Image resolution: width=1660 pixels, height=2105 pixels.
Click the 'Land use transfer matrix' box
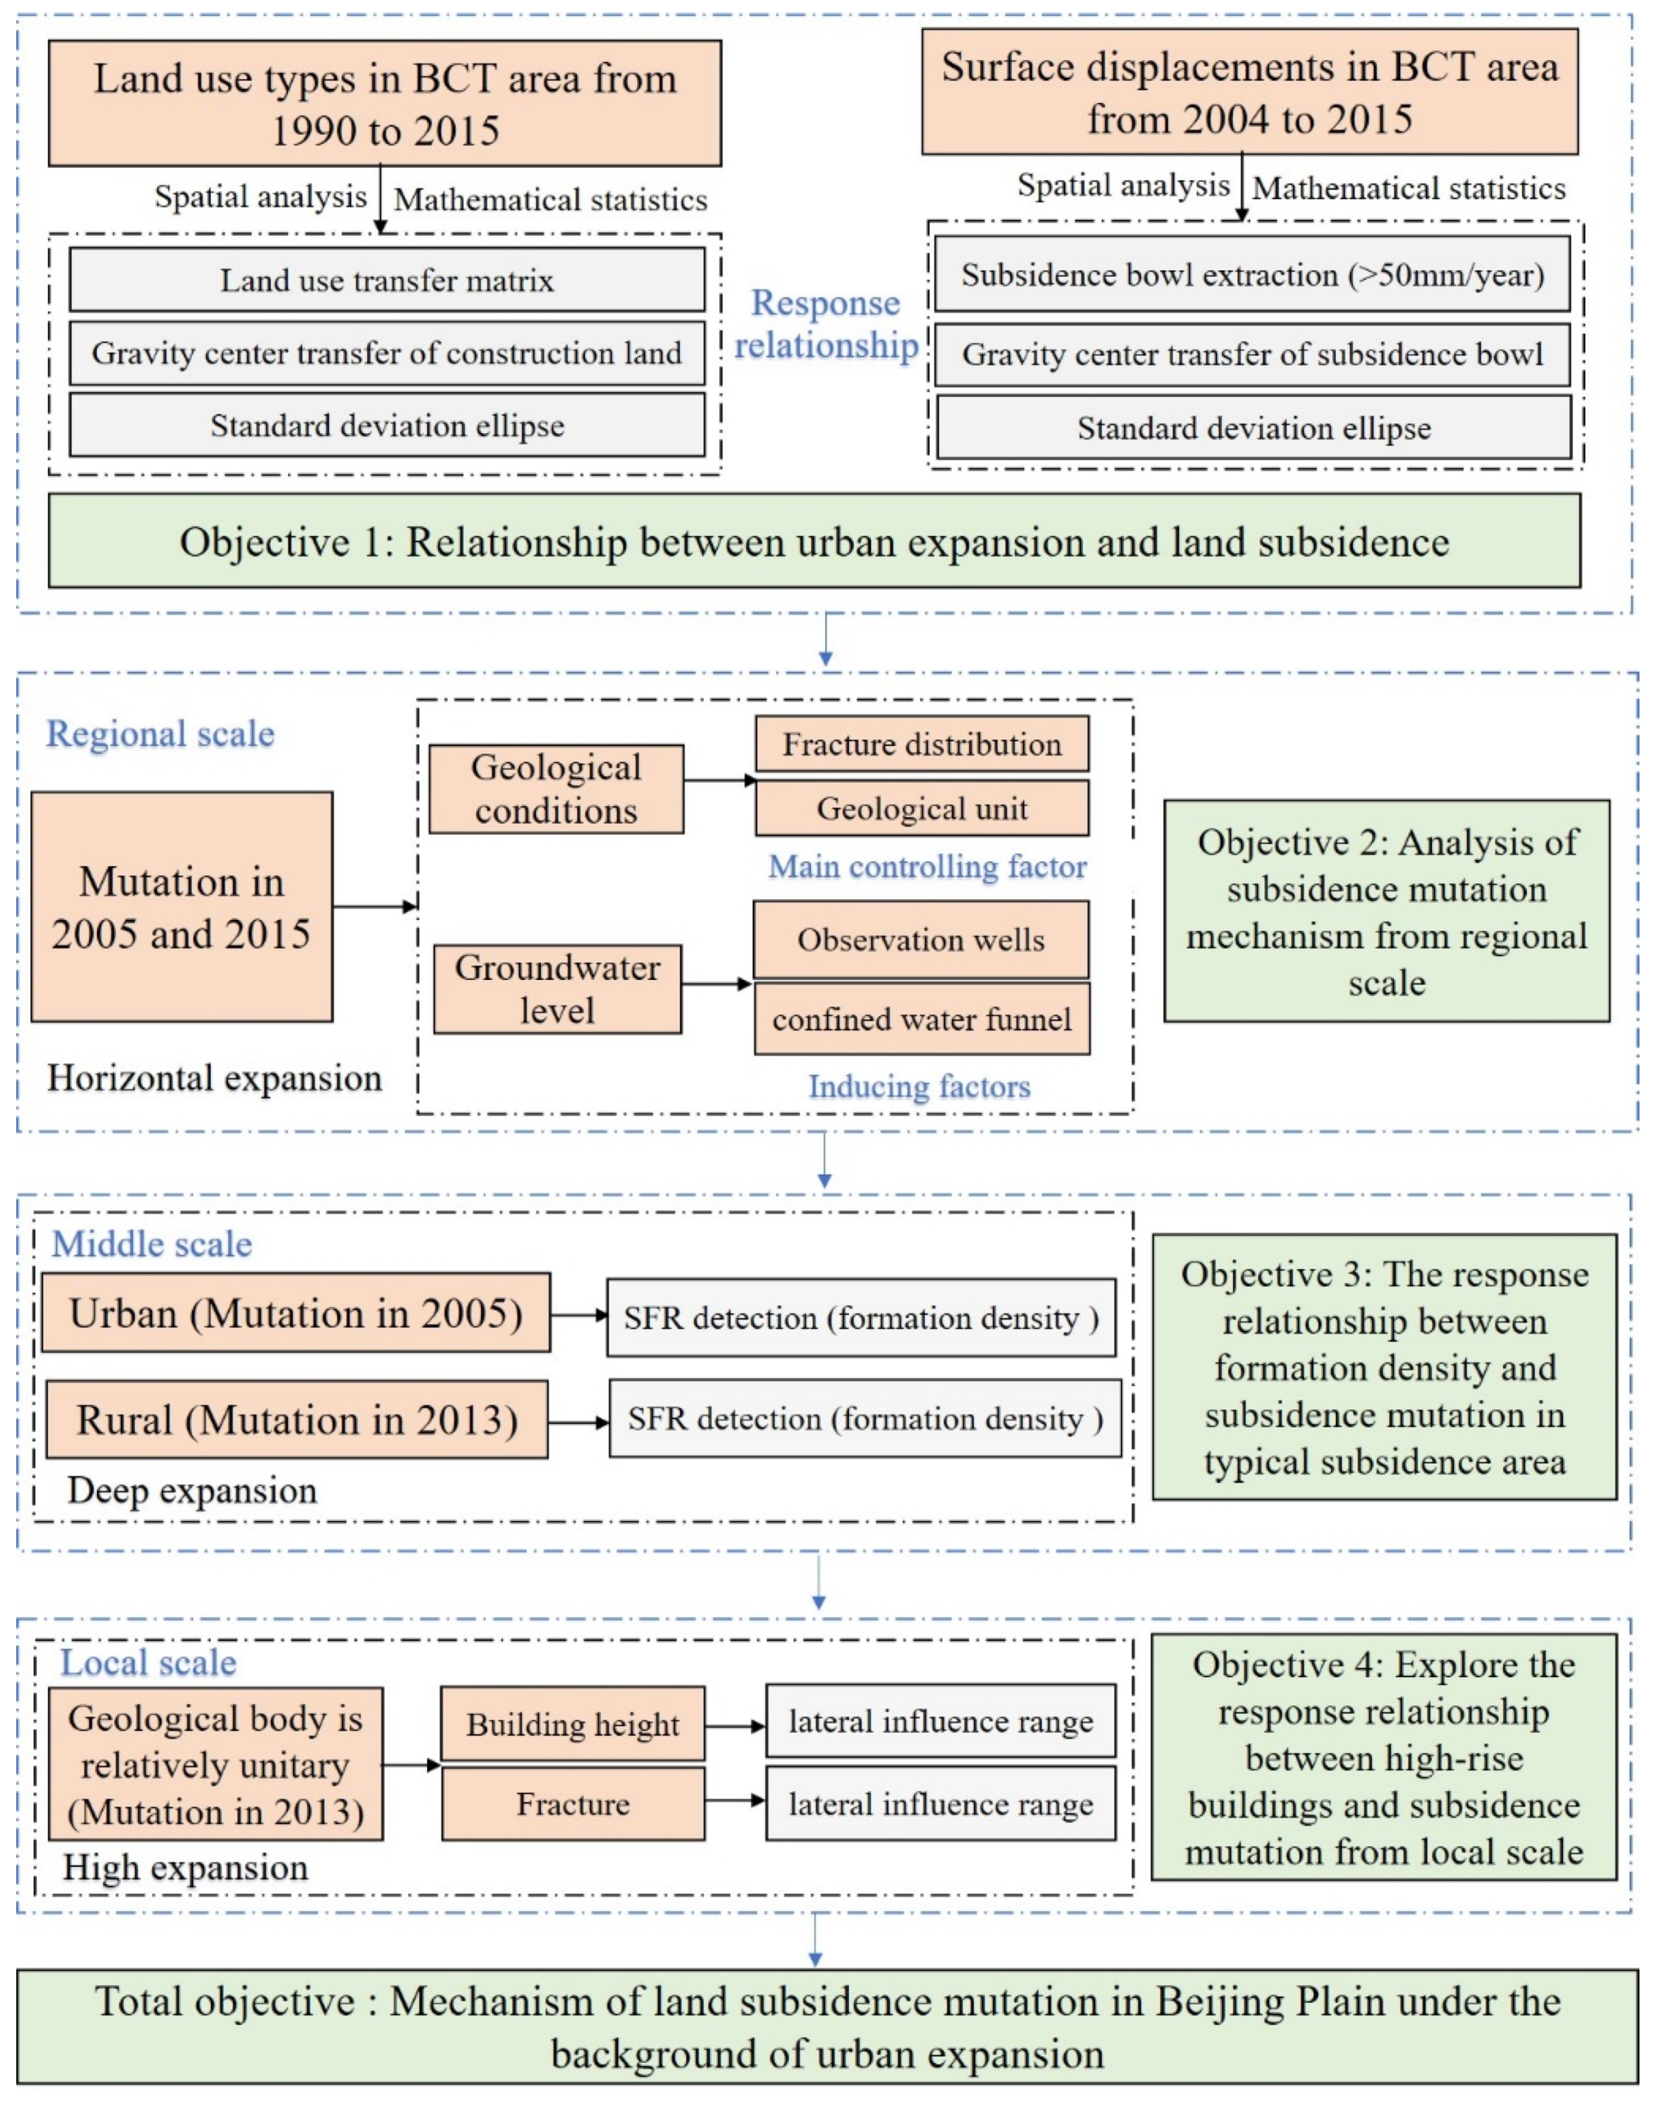[x=387, y=280]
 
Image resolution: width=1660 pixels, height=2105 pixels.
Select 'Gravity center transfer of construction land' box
[x=387, y=354]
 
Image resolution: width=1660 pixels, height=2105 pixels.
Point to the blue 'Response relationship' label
[x=826, y=325]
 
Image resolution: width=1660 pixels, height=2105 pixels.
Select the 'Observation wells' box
[x=921, y=940]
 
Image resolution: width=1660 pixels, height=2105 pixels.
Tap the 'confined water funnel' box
[x=921, y=1019]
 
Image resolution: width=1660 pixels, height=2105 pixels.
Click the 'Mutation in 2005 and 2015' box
[x=182, y=906]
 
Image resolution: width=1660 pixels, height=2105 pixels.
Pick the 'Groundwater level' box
[x=557, y=989]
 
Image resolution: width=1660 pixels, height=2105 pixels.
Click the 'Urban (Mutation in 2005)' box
[x=295, y=1314]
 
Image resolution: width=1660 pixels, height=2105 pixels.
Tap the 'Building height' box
[x=572, y=1724]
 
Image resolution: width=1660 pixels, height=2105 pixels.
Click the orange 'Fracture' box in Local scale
[x=572, y=1804]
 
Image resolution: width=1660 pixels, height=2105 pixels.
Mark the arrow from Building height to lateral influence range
[x=735, y=1726]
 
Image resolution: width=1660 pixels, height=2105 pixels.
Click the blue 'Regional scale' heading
[x=160, y=734]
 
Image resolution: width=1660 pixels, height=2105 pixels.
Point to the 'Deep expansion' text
[x=191, y=1491]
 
